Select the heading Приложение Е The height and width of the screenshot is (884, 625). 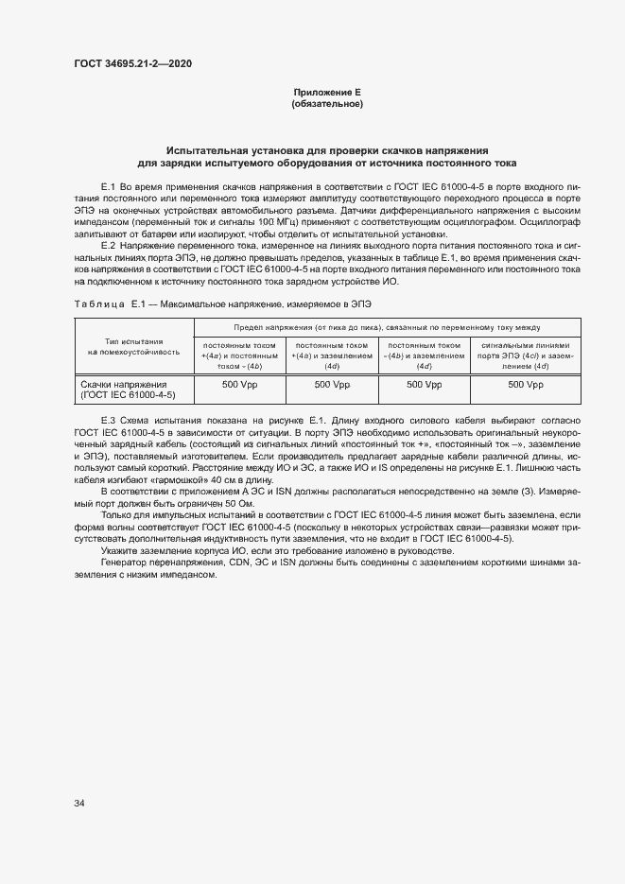pyautogui.click(x=327, y=92)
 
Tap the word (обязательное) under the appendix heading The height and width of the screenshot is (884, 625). pyautogui.click(x=327, y=103)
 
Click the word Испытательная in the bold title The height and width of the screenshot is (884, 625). pyautogui.click(x=207, y=150)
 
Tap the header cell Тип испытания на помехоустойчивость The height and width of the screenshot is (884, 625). pyautogui.click(x=133, y=347)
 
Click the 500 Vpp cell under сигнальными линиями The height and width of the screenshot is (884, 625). pyautogui.click(x=551, y=385)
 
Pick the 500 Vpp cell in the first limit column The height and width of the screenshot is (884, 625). pyautogui.click(x=239, y=385)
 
